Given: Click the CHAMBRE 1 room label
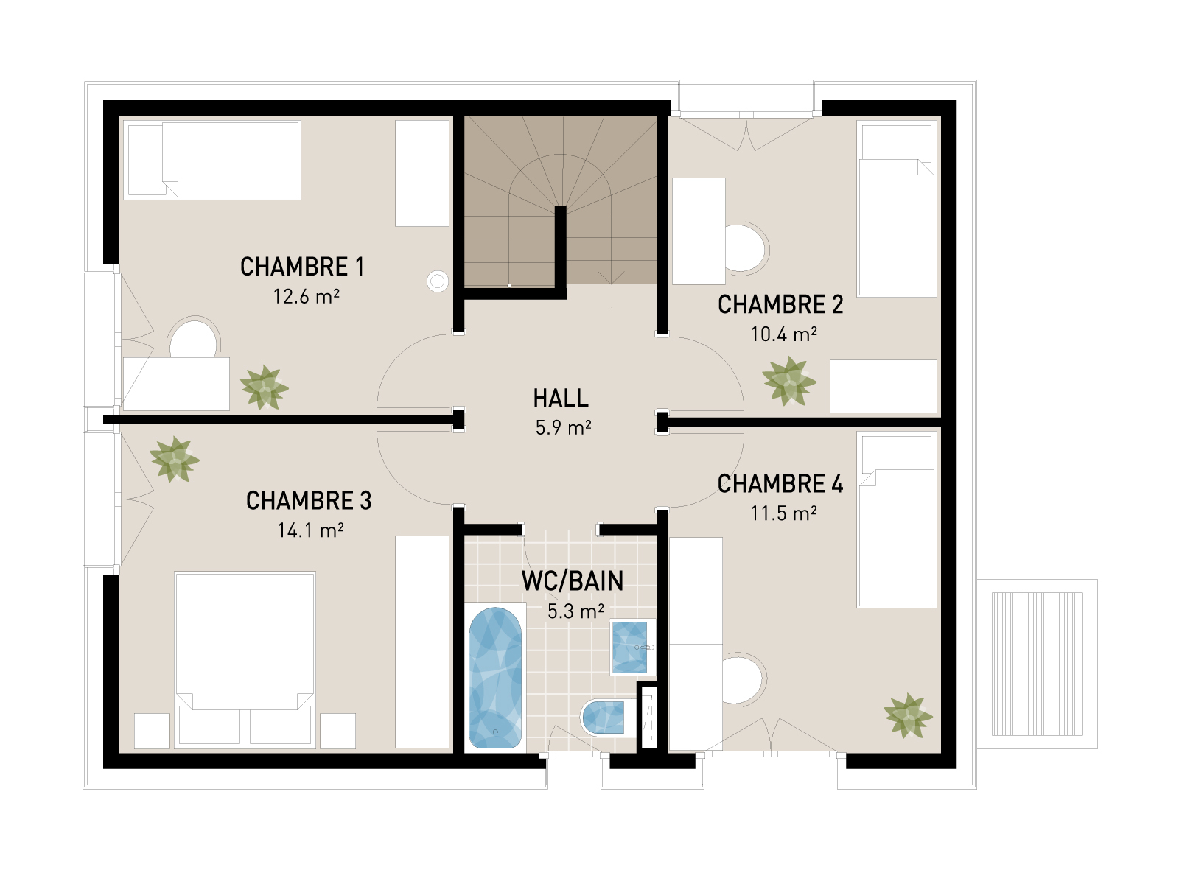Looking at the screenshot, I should (x=302, y=267).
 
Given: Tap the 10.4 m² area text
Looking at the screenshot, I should (x=783, y=334).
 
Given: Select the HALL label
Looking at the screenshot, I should (x=561, y=399).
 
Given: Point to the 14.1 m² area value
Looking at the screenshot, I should (x=310, y=530).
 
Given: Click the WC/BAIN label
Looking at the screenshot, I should (x=573, y=581).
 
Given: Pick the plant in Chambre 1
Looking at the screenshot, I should (x=264, y=387).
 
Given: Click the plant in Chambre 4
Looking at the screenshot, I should (x=908, y=715).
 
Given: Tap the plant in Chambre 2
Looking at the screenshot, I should (x=789, y=381).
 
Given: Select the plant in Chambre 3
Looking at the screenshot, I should (x=174, y=459).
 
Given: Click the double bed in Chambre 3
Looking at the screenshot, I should (x=245, y=648).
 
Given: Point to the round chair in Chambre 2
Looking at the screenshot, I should (x=746, y=248).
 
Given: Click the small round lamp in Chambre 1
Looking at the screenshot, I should (x=438, y=281).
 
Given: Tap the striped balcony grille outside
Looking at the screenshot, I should (x=1037, y=664).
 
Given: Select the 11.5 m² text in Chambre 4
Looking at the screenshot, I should (x=783, y=513).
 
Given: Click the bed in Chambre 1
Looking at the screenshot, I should (x=214, y=160).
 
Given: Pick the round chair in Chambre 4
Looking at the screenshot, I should (x=743, y=679).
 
